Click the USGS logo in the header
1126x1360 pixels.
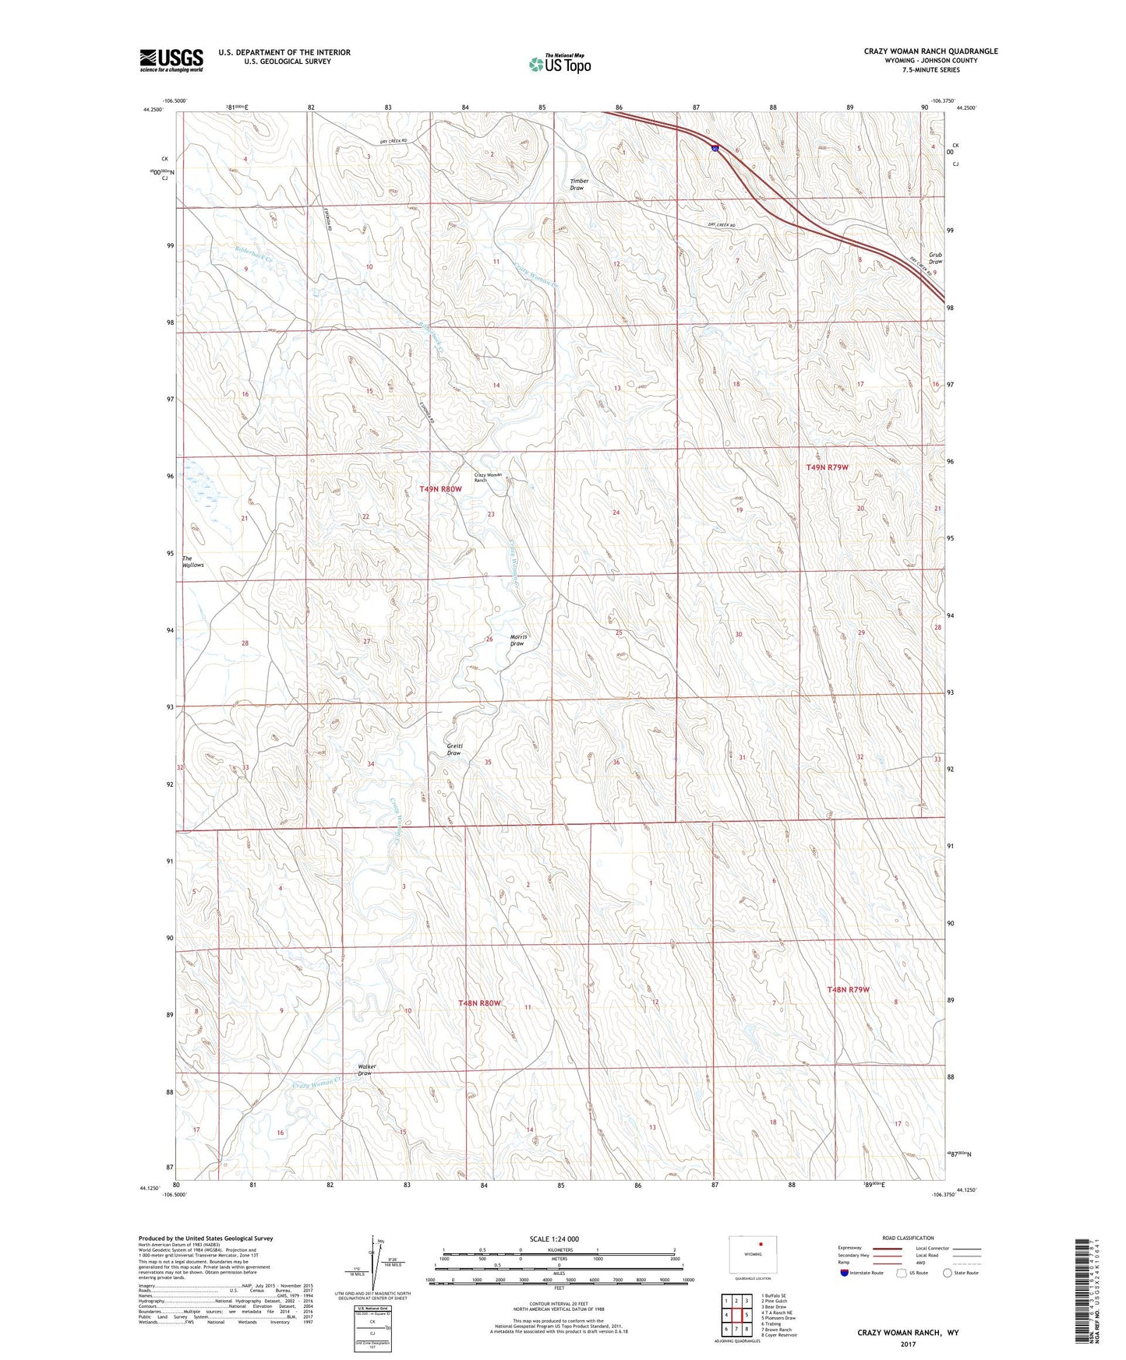171,60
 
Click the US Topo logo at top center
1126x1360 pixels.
559,64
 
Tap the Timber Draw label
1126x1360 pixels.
579,185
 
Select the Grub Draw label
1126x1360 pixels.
935,258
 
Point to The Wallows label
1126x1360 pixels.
192,562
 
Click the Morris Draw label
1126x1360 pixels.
518,640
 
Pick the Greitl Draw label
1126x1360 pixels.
454,749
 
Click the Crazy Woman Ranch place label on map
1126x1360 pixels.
491,477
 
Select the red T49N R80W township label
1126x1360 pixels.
441,489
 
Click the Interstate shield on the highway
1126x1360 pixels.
715,148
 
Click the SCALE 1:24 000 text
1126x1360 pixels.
554,1238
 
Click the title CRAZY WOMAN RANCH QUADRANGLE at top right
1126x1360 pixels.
930,51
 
